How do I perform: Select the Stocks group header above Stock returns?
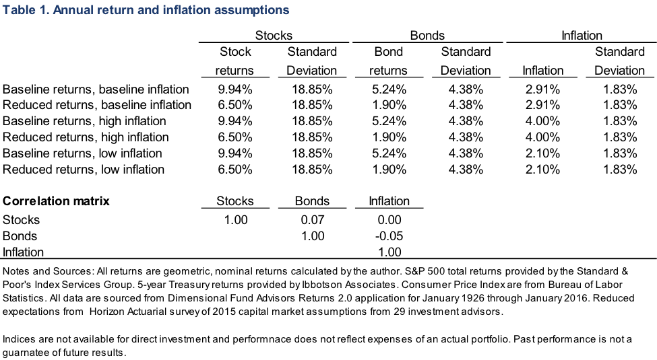click(x=273, y=36)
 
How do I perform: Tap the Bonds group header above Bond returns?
click(x=427, y=36)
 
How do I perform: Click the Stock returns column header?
click(x=234, y=61)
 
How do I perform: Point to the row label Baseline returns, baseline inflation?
click(x=96, y=89)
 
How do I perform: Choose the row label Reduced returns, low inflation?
click(x=84, y=170)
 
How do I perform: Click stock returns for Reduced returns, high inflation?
click(x=234, y=137)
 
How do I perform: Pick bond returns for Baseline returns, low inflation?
click(x=389, y=153)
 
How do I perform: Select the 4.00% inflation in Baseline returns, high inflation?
click(x=542, y=121)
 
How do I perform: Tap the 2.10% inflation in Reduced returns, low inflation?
click(x=542, y=170)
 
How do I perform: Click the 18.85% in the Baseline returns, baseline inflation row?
click(x=311, y=89)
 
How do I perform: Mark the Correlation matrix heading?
click(x=57, y=201)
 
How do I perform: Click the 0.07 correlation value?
click(x=311, y=220)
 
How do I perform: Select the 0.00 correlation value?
click(x=389, y=220)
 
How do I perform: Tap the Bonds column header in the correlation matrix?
click(x=311, y=201)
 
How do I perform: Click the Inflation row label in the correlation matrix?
click(x=24, y=252)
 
